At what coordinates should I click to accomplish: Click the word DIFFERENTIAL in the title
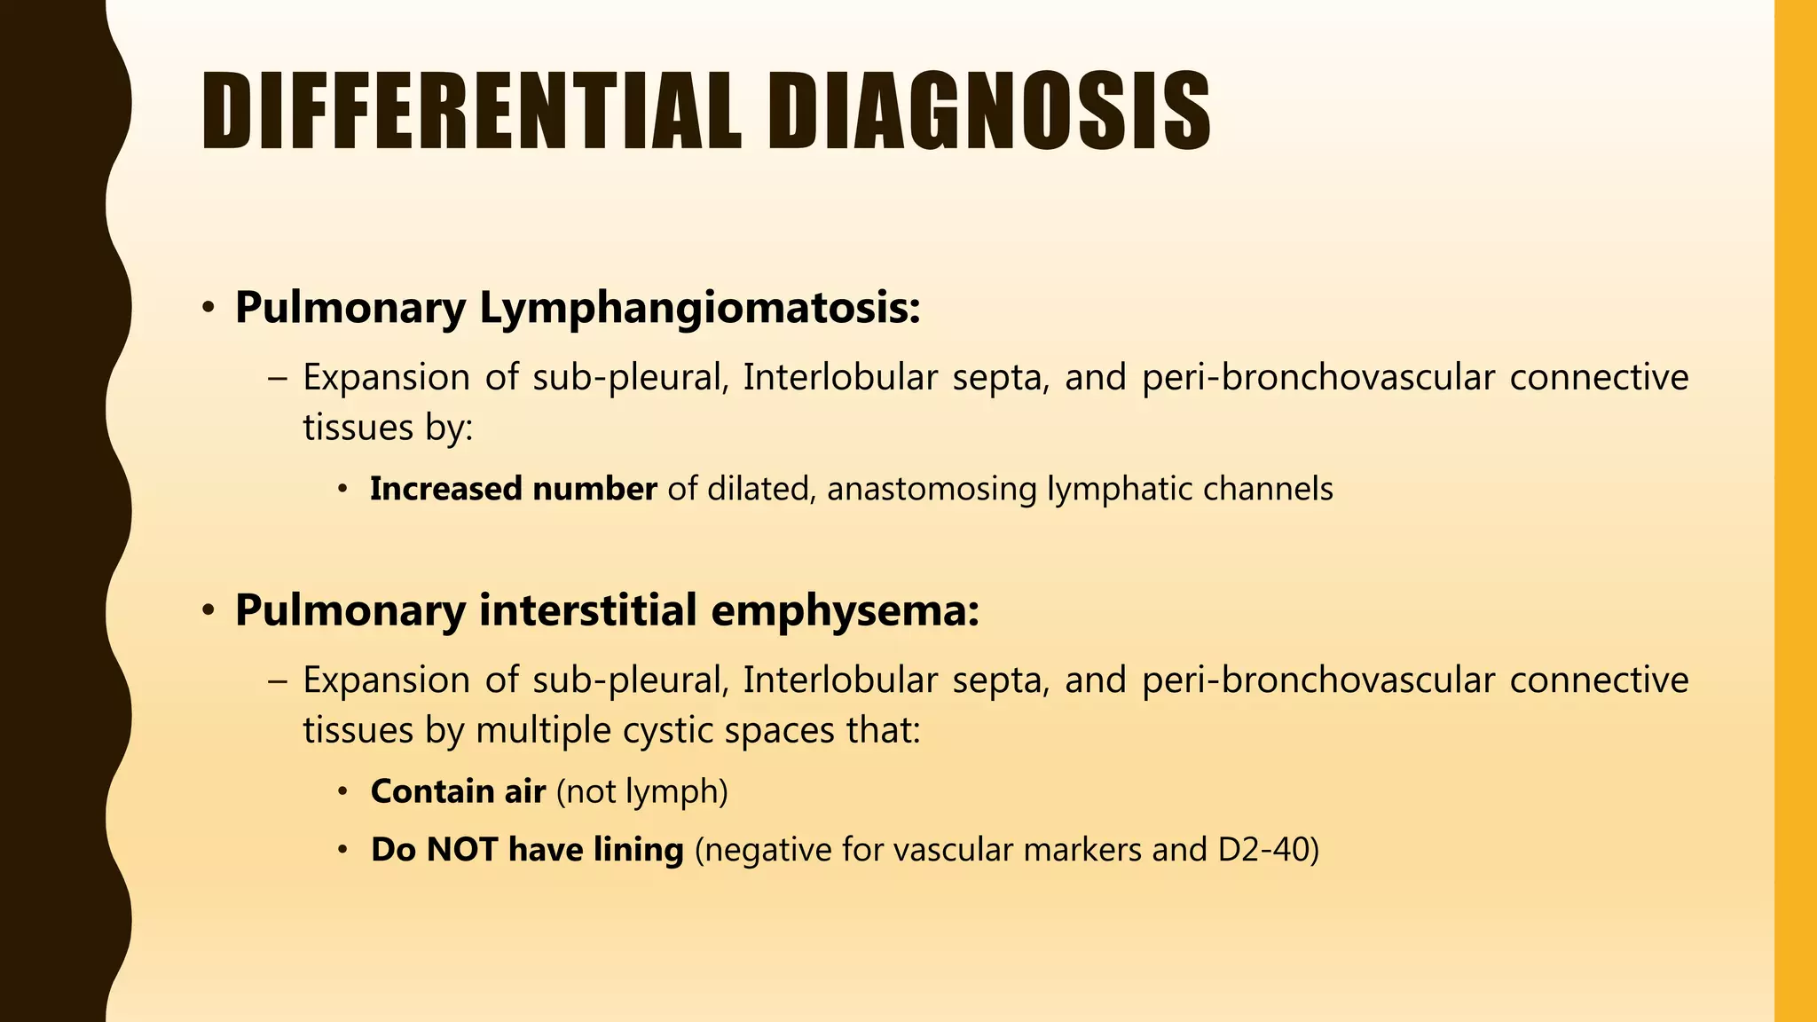coord(471,112)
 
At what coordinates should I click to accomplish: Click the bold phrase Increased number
coord(513,489)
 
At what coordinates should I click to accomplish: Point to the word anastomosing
coord(932,489)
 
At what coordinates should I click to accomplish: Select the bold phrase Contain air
coord(458,791)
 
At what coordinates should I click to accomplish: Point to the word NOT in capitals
coord(461,850)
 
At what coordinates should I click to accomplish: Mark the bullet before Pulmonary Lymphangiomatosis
coord(208,309)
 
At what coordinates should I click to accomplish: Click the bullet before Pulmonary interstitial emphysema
coord(208,611)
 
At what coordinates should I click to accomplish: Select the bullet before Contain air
coord(343,791)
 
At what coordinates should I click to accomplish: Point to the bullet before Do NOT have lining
coord(343,850)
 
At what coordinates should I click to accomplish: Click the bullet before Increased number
coord(343,489)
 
